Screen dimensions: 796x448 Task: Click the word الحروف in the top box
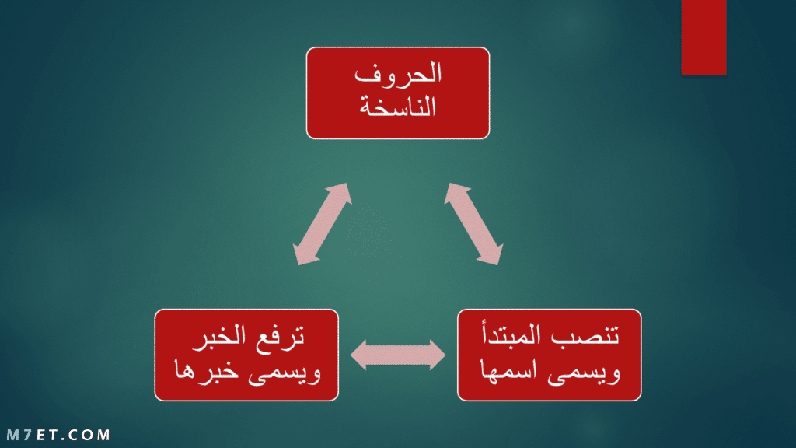tap(398, 74)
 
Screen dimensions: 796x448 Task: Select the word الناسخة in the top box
tap(398, 107)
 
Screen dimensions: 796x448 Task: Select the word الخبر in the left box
tap(219, 335)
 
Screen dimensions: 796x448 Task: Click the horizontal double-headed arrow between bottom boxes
tap(398, 355)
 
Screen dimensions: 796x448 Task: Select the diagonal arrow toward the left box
tap(323, 224)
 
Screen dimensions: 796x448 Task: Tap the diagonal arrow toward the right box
tap(473, 224)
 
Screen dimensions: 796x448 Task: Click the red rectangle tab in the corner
tap(703, 37)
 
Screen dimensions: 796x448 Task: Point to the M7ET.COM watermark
tap(58, 435)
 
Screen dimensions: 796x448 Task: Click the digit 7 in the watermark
tap(29, 435)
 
